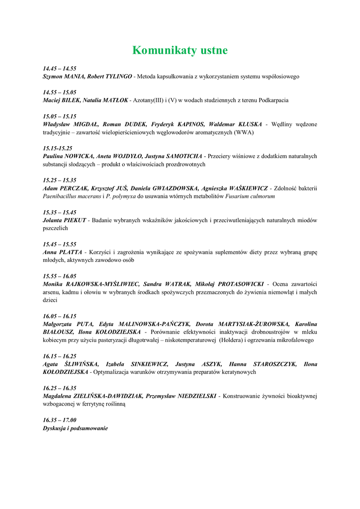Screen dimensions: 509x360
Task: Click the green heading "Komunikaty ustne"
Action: pyautogui.click(x=180, y=50)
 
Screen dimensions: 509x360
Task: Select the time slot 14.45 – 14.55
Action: pyautogui.click(x=60, y=68)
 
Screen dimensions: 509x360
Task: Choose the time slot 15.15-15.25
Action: pyautogui.click(x=58, y=148)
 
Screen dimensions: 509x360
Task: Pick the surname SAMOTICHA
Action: pyautogui.click(x=182, y=156)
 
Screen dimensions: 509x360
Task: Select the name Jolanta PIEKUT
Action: pyautogui.click(x=65, y=220)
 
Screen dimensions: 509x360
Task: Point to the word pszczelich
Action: pyautogui.click(x=55, y=228)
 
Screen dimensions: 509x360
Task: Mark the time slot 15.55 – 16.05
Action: pyautogui.click(x=60, y=276)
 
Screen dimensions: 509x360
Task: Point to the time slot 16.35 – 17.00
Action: pyautogui.click(x=60, y=420)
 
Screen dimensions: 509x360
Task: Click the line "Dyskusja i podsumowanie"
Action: pyautogui.click(x=75, y=428)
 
